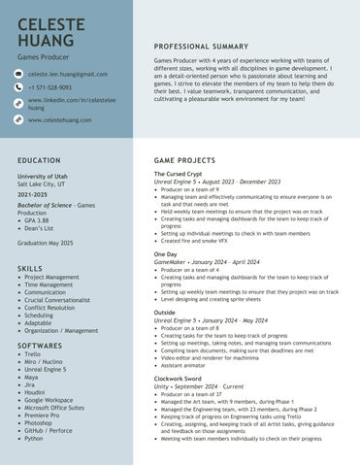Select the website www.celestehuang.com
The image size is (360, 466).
point(60,119)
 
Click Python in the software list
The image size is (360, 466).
point(34,438)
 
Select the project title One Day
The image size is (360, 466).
point(165,253)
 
